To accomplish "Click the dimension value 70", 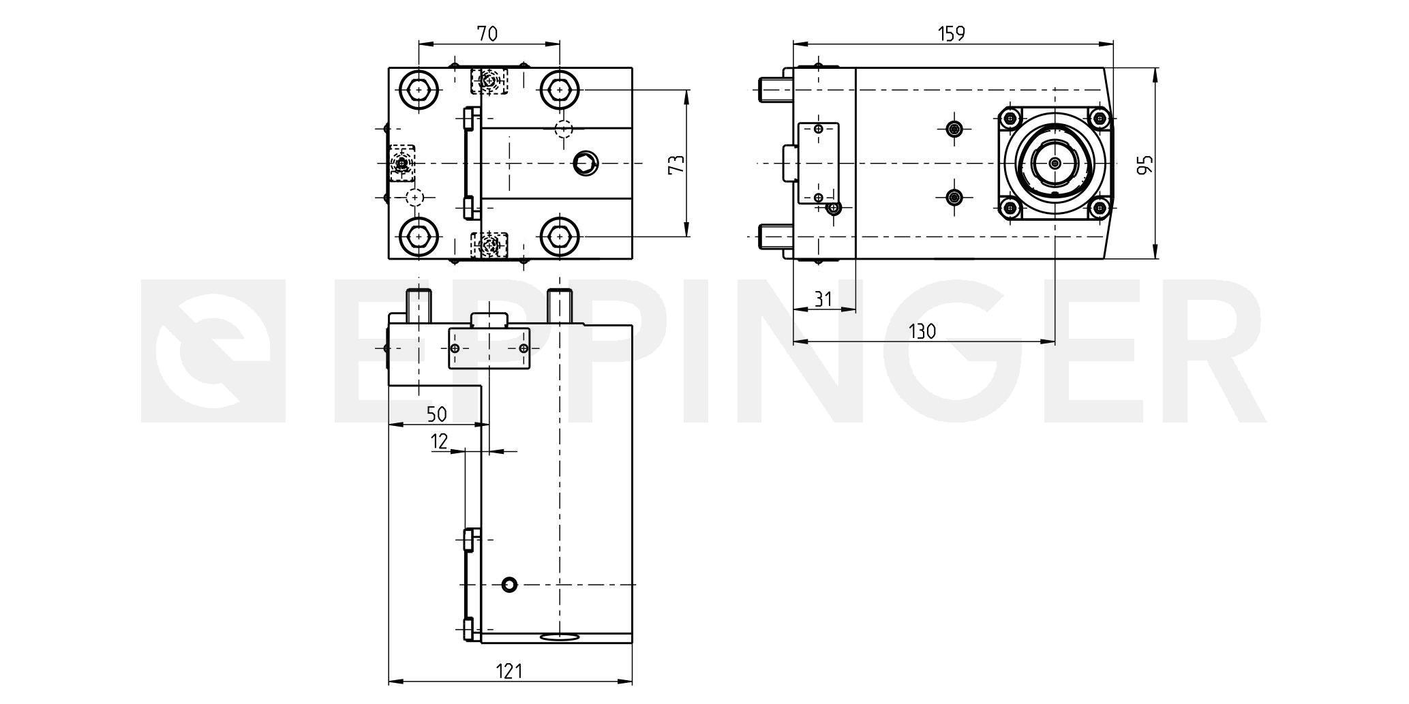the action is (x=488, y=33).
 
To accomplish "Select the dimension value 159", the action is (x=952, y=33).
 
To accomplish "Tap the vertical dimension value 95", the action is (x=1146, y=164).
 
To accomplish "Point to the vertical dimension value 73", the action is (x=676, y=164).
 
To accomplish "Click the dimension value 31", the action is (x=823, y=299).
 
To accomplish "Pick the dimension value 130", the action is (x=922, y=331).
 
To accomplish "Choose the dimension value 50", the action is (x=436, y=414).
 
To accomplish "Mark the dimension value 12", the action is (x=440, y=442).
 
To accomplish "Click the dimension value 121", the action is (x=509, y=671).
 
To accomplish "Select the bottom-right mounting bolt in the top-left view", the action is (x=560, y=236).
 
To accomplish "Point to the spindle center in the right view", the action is (x=1055, y=164).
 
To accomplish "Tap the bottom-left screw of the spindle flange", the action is (x=1011, y=208).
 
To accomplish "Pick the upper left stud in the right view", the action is (x=772, y=89).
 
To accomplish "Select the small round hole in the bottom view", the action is (x=509, y=584).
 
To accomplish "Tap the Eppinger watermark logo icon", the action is (x=213, y=350).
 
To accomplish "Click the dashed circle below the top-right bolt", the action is (x=564, y=128).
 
